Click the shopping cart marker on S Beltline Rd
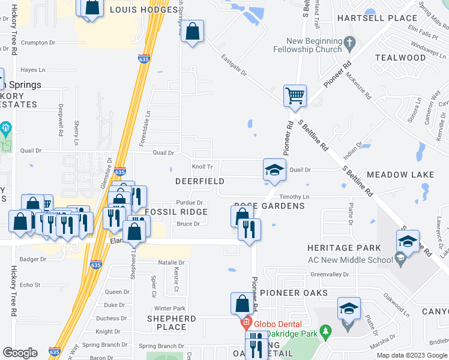295,95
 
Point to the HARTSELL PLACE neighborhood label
376,18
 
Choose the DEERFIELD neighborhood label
200,181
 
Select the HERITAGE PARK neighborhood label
344,248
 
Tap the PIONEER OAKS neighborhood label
294,293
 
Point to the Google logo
20,353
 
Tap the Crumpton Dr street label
38,43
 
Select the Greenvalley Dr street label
330,274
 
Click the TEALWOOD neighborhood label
400,58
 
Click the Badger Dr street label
33,259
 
